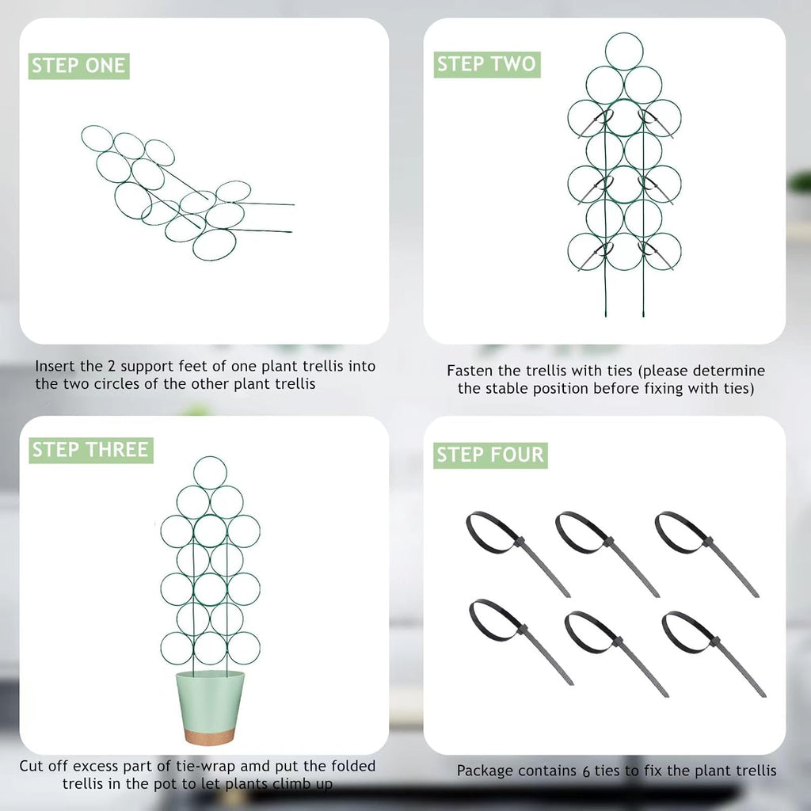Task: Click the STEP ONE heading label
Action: (78, 66)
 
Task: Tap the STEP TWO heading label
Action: (486, 64)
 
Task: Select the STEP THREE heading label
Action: (90, 451)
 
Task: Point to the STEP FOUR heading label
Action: (490, 455)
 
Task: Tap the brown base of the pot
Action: (209, 737)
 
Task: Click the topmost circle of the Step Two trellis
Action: (624, 50)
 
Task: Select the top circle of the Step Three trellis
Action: (210, 473)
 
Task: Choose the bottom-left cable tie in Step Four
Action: (519, 638)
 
